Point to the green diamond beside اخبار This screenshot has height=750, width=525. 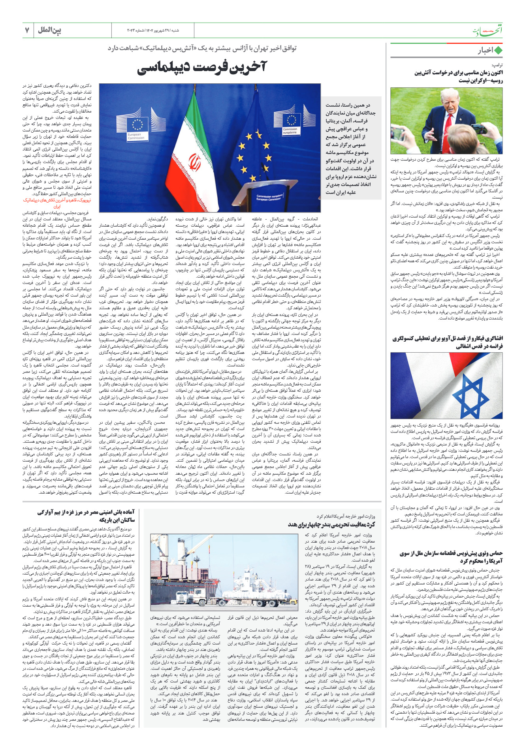pyautogui.click(x=498, y=51)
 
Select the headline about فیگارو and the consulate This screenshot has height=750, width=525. pyautogui.click(x=448, y=342)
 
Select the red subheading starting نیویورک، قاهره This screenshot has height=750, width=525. pyautogui.click(x=57, y=203)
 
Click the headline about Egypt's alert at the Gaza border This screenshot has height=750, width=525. pyautogui.click(x=86, y=516)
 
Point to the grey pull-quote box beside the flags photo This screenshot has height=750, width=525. pyautogui.click(x=351, y=148)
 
